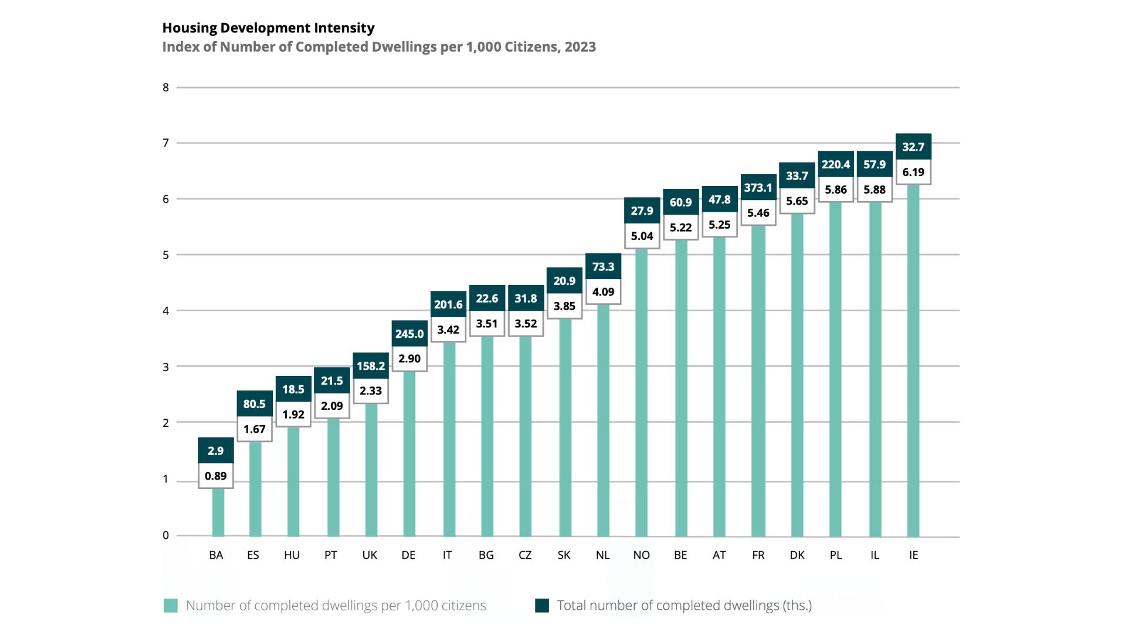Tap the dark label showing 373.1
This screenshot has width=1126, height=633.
click(758, 188)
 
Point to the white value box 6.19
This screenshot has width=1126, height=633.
click(913, 172)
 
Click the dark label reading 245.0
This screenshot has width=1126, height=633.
click(409, 334)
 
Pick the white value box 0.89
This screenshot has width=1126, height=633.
click(216, 476)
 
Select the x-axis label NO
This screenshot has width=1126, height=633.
click(641, 555)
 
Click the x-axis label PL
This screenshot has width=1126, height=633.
click(835, 555)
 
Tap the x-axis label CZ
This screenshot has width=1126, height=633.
click(525, 555)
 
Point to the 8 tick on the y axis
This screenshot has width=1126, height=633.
click(166, 87)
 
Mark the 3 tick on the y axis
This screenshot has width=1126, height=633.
click(166, 367)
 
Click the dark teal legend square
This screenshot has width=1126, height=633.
click(542, 605)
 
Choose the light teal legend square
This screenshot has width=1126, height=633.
click(170, 605)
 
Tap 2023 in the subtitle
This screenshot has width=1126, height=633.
click(580, 47)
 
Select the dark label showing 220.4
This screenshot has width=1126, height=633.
click(835, 164)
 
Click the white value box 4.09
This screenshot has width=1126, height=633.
click(603, 292)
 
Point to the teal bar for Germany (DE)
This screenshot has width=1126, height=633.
click(409, 454)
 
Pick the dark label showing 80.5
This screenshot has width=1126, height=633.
click(255, 404)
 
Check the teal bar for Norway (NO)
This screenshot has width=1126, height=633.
click(641, 393)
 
